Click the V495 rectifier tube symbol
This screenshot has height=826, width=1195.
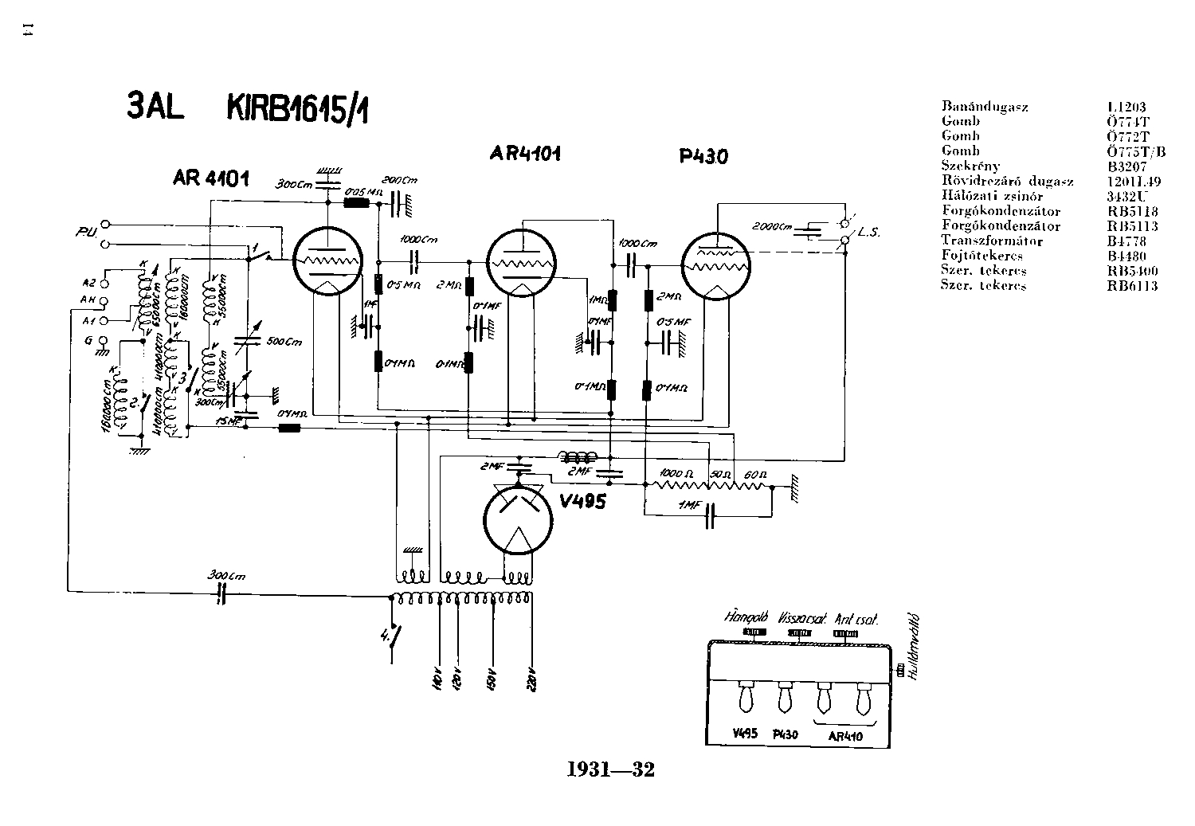pyautogui.click(x=518, y=519)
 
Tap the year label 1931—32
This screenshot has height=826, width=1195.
pyautogui.click(x=610, y=769)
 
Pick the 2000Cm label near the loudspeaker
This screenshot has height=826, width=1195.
pyautogui.click(x=773, y=228)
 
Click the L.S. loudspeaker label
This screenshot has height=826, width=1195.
pyautogui.click(x=868, y=233)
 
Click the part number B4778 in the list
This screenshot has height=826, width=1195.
pyautogui.click(x=1126, y=241)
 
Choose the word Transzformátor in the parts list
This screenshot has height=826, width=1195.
pyautogui.click(x=992, y=241)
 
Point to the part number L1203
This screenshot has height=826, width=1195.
pyautogui.click(x=1126, y=107)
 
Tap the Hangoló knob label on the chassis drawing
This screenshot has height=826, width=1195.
pyautogui.click(x=746, y=617)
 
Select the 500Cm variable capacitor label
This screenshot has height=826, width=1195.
pyautogui.click(x=284, y=343)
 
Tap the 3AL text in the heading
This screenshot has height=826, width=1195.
pyautogui.click(x=156, y=107)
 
